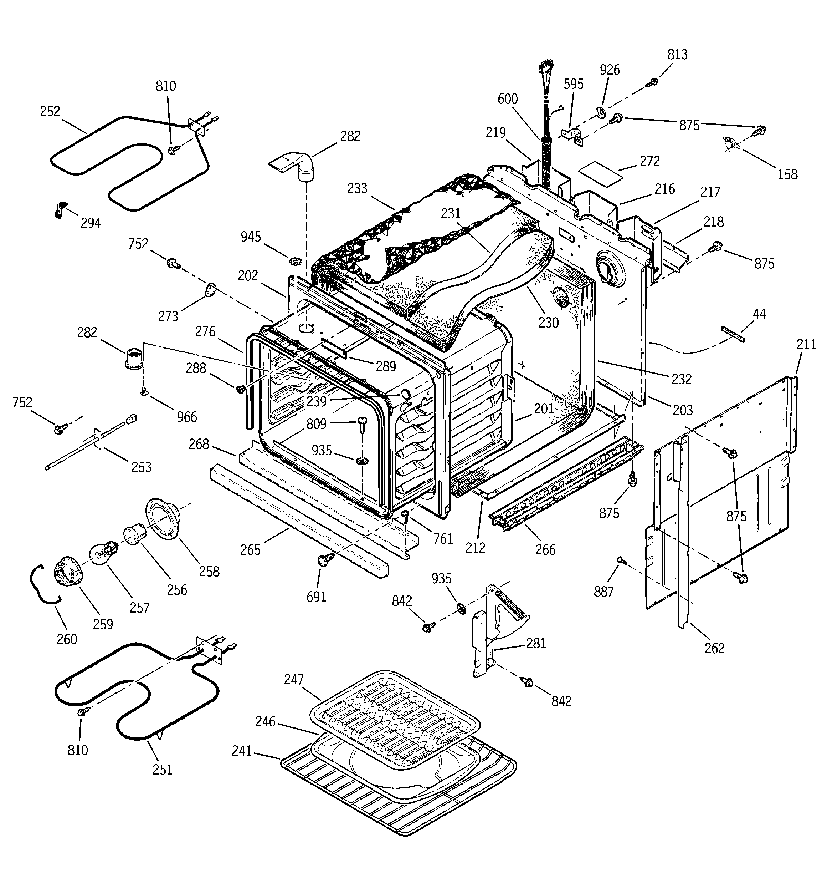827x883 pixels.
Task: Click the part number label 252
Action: point(50,111)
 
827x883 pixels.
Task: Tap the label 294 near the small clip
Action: point(91,223)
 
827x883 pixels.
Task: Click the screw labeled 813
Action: point(653,82)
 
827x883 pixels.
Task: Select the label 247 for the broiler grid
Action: point(294,680)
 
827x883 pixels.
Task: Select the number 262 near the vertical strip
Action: point(714,649)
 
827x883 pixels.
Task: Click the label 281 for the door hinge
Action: point(536,643)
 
